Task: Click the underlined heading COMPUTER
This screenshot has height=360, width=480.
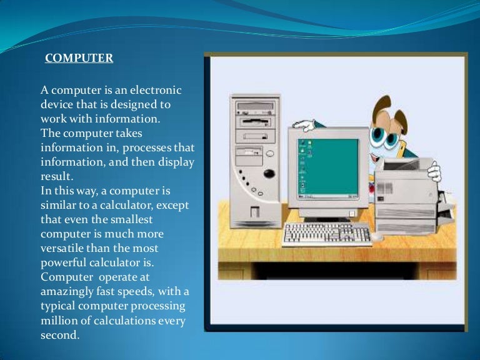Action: coord(79,59)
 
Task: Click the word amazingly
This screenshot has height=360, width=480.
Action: coord(69,292)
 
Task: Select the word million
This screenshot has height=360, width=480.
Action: coord(58,321)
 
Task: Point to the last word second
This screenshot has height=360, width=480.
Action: coord(59,335)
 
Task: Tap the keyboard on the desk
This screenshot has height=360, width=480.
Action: coord(326,233)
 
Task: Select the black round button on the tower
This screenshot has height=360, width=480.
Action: coord(269,173)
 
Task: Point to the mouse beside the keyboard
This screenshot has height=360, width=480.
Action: coord(379,237)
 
